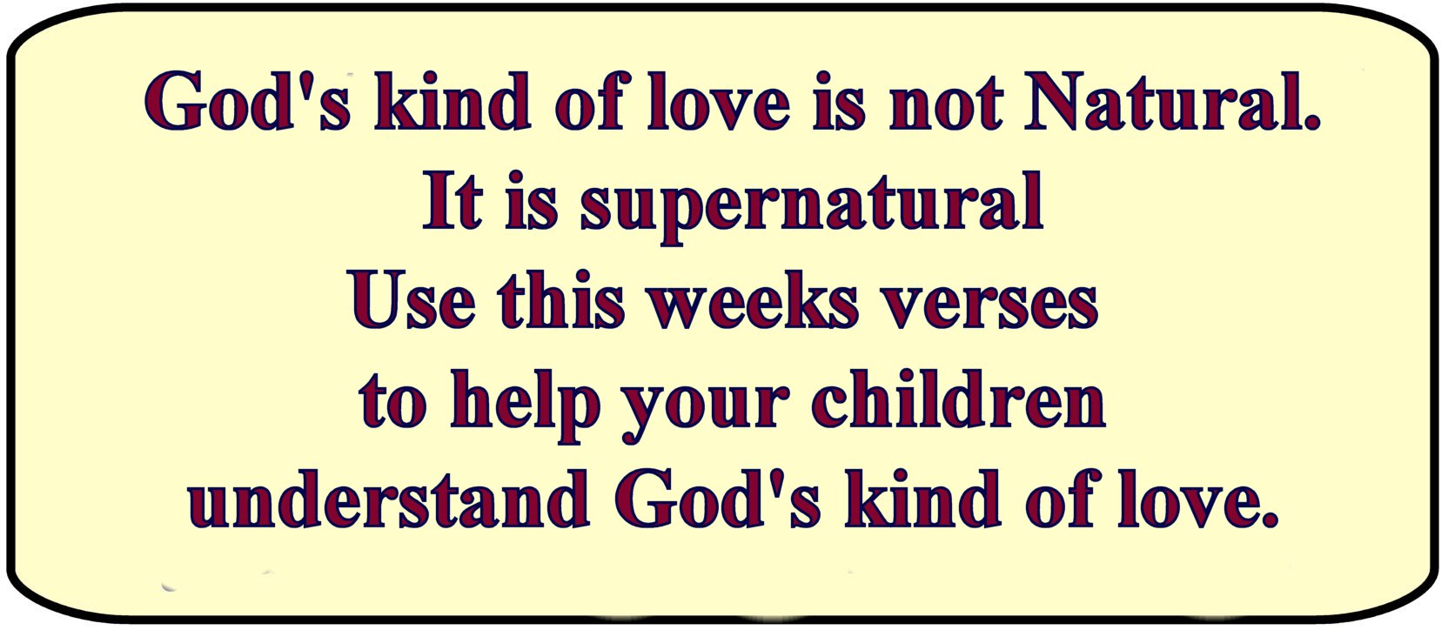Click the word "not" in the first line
click(946, 104)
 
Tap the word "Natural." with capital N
click(1172, 102)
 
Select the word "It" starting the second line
click(453, 201)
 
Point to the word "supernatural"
click(812, 208)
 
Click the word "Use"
click(414, 301)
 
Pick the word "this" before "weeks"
click(562, 300)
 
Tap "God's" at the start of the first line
click(248, 103)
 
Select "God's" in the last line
click(717, 497)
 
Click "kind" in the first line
click(452, 102)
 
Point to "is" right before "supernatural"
click(532, 201)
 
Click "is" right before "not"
click(839, 103)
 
